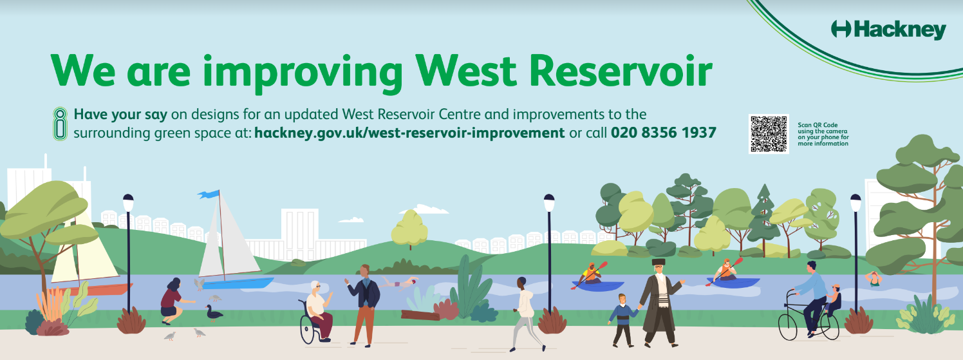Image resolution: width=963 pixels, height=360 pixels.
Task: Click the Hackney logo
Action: click(x=888, y=30)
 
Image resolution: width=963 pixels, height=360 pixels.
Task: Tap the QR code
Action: click(x=769, y=134)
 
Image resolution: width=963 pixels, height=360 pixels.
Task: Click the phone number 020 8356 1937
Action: click(x=664, y=133)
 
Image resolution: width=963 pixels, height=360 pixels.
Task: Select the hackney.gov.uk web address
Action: click(x=409, y=133)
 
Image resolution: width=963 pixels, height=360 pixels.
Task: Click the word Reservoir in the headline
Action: click(x=621, y=71)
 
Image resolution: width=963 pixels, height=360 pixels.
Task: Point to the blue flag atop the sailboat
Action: click(x=209, y=194)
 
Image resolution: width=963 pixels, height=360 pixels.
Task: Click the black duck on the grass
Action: click(x=214, y=313)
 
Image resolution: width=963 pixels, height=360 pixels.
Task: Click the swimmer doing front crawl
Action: click(x=399, y=283)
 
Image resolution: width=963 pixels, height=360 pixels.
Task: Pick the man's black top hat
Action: click(x=658, y=262)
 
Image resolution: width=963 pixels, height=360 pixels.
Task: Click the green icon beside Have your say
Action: click(x=61, y=124)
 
